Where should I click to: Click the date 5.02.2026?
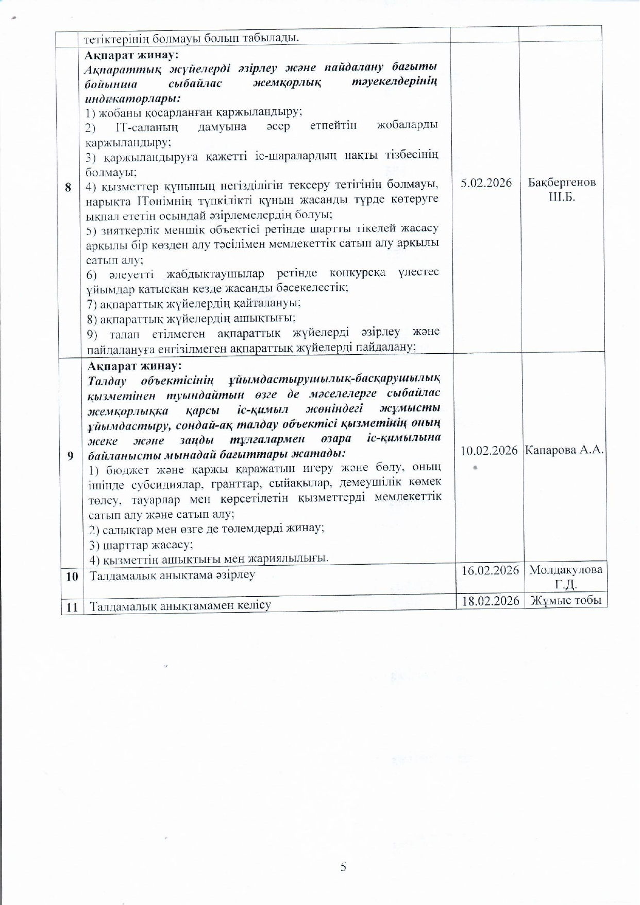coord(486,183)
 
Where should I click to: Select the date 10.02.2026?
coord(489,450)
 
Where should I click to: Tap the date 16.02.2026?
coord(490,570)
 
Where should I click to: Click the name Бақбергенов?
coord(562,183)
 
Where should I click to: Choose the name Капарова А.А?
coord(564,450)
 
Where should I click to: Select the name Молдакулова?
coord(565,570)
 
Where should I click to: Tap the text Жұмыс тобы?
coord(566,600)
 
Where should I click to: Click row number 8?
coord(68,187)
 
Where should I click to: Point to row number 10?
coord(72,576)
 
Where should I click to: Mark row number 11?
coord(72,607)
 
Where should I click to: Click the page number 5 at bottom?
coord(343,866)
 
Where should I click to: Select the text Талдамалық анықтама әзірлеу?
coord(172,575)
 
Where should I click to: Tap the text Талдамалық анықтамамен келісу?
coord(180,605)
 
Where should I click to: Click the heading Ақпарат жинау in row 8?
coord(131,55)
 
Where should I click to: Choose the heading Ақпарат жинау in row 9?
coord(134,366)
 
